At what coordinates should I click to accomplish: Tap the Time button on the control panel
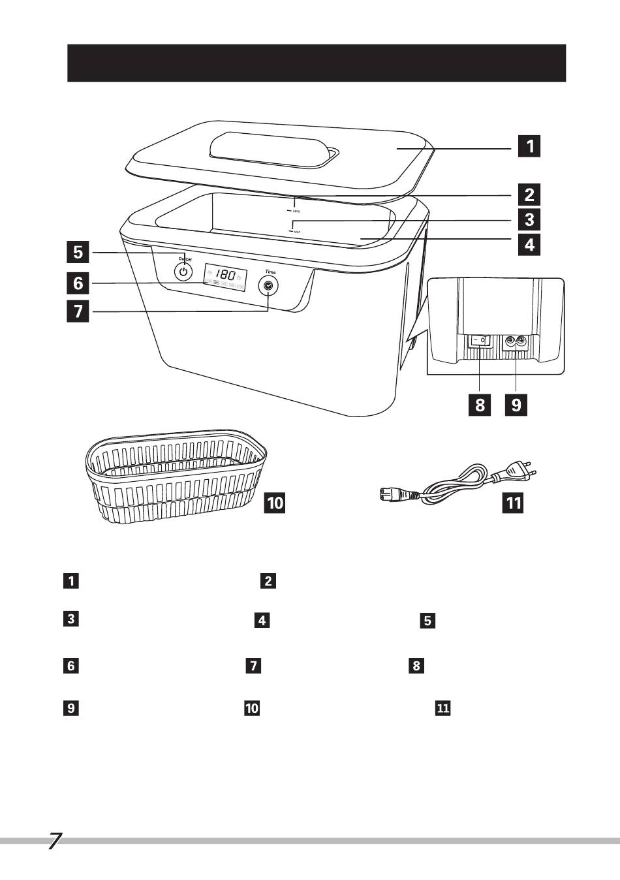click(x=268, y=285)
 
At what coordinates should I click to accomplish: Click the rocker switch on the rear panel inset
click(x=480, y=340)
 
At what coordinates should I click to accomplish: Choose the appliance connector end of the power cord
click(x=395, y=495)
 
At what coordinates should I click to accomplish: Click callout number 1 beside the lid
click(x=529, y=146)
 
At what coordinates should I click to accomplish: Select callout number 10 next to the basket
click(x=275, y=503)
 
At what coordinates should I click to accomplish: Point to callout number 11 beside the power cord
click(x=514, y=503)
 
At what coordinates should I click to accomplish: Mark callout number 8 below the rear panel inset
click(x=480, y=405)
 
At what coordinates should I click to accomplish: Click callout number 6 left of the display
click(x=78, y=283)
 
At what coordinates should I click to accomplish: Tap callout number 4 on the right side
click(x=529, y=245)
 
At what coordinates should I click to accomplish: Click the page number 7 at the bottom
click(x=54, y=841)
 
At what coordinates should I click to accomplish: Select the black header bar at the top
click(x=317, y=63)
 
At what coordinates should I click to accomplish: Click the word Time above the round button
click(x=270, y=272)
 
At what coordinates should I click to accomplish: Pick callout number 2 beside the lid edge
click(x=529, y=194)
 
